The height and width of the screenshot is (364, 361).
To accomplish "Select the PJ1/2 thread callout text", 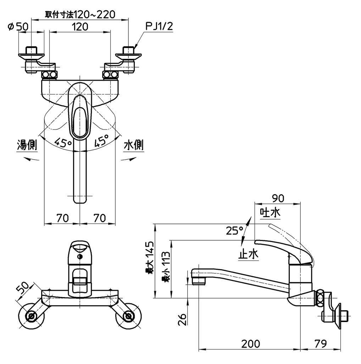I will pos(159,26).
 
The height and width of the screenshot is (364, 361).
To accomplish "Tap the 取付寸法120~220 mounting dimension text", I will pos(80,14).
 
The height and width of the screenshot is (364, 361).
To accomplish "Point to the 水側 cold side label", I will pos(134,145).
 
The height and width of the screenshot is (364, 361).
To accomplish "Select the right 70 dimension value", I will pos(99,218).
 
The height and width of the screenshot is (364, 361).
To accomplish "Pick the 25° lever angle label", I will pos(234,231).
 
